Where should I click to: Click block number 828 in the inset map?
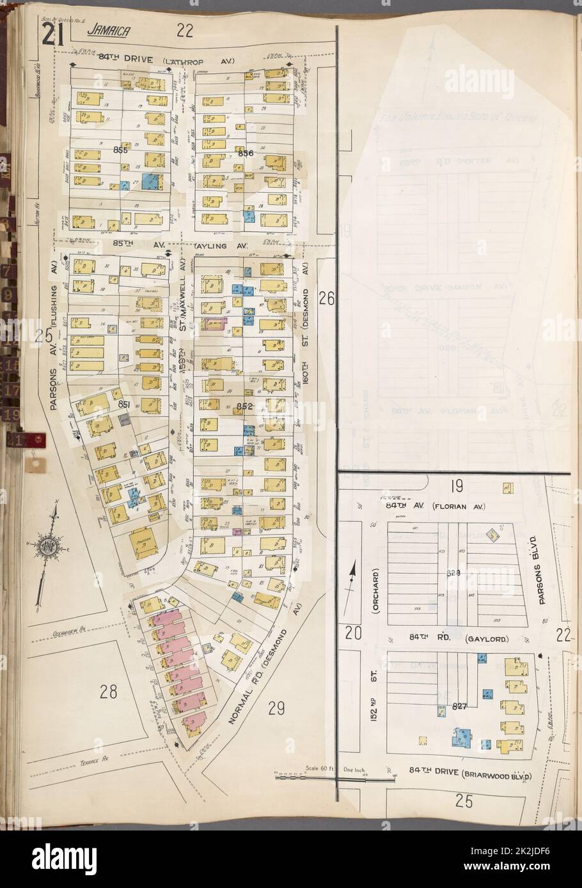[x=453, y=573]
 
